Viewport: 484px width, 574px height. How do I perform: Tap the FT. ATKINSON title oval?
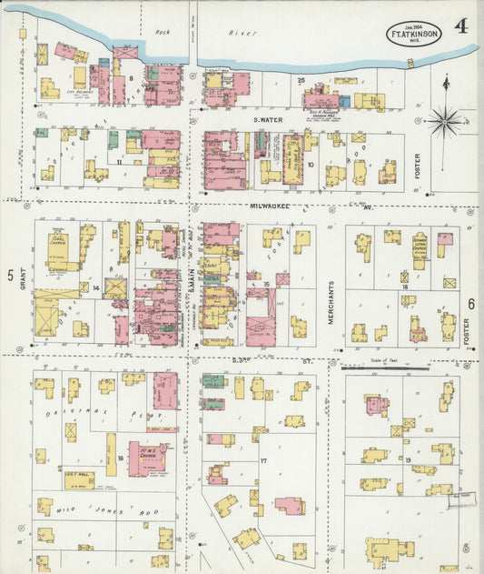click(x=415, y=35)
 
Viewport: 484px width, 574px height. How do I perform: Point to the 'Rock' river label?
click(x=163, y=33)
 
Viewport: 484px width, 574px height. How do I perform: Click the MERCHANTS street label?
click(x=331, y=299)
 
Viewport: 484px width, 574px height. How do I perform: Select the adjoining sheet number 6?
click(x=471, y=304)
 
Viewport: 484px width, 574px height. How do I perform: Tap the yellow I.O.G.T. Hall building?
click(x=77, y=477)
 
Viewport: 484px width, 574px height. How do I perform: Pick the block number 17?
click(x=264, y=461)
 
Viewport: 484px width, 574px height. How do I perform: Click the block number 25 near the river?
click(x=301, y=80)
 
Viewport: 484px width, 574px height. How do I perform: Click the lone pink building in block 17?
click(x=289, y=505)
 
